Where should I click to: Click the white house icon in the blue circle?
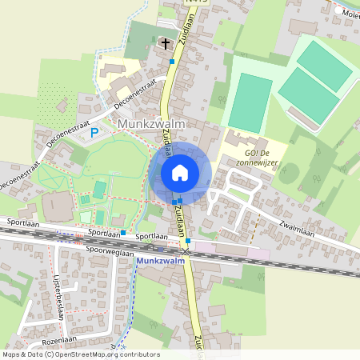coord(180,173)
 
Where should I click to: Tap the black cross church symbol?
coord(166,43)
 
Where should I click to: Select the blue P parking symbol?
coord(94,133)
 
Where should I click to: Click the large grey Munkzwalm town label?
coord(151,125)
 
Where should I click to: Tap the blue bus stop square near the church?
coord(172,61)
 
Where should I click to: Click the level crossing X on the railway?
coord(186,251)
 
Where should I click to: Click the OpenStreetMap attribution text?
coord(80,354)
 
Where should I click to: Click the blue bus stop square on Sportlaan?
coord(123,233)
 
